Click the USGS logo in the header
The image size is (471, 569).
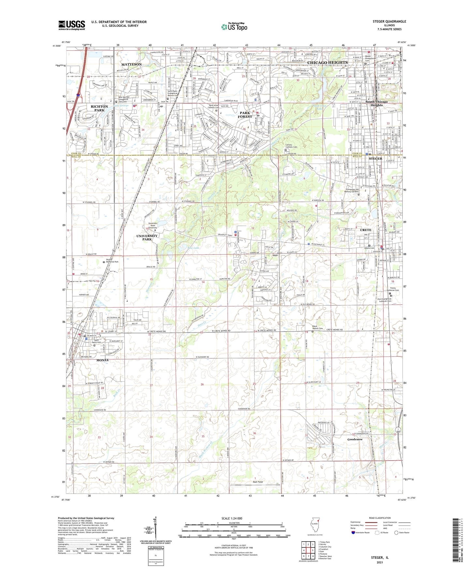coord(72,25)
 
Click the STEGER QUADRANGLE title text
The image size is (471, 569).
coord(389,22)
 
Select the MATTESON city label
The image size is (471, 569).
coord(132,64)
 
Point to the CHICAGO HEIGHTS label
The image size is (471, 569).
coord(328,62)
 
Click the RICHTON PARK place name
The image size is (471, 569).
coord(99,109)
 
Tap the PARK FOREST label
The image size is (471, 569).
coord(245,115)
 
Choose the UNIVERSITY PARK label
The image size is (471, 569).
coord(147,237)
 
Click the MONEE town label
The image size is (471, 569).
coord(102,360)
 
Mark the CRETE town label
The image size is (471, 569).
coord(365,230)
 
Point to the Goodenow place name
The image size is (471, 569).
coord(355,439)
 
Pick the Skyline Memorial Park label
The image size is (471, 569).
coord(112,262)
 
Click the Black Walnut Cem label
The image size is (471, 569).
coord(317,327)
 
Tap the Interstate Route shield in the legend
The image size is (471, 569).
coord(354,533)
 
